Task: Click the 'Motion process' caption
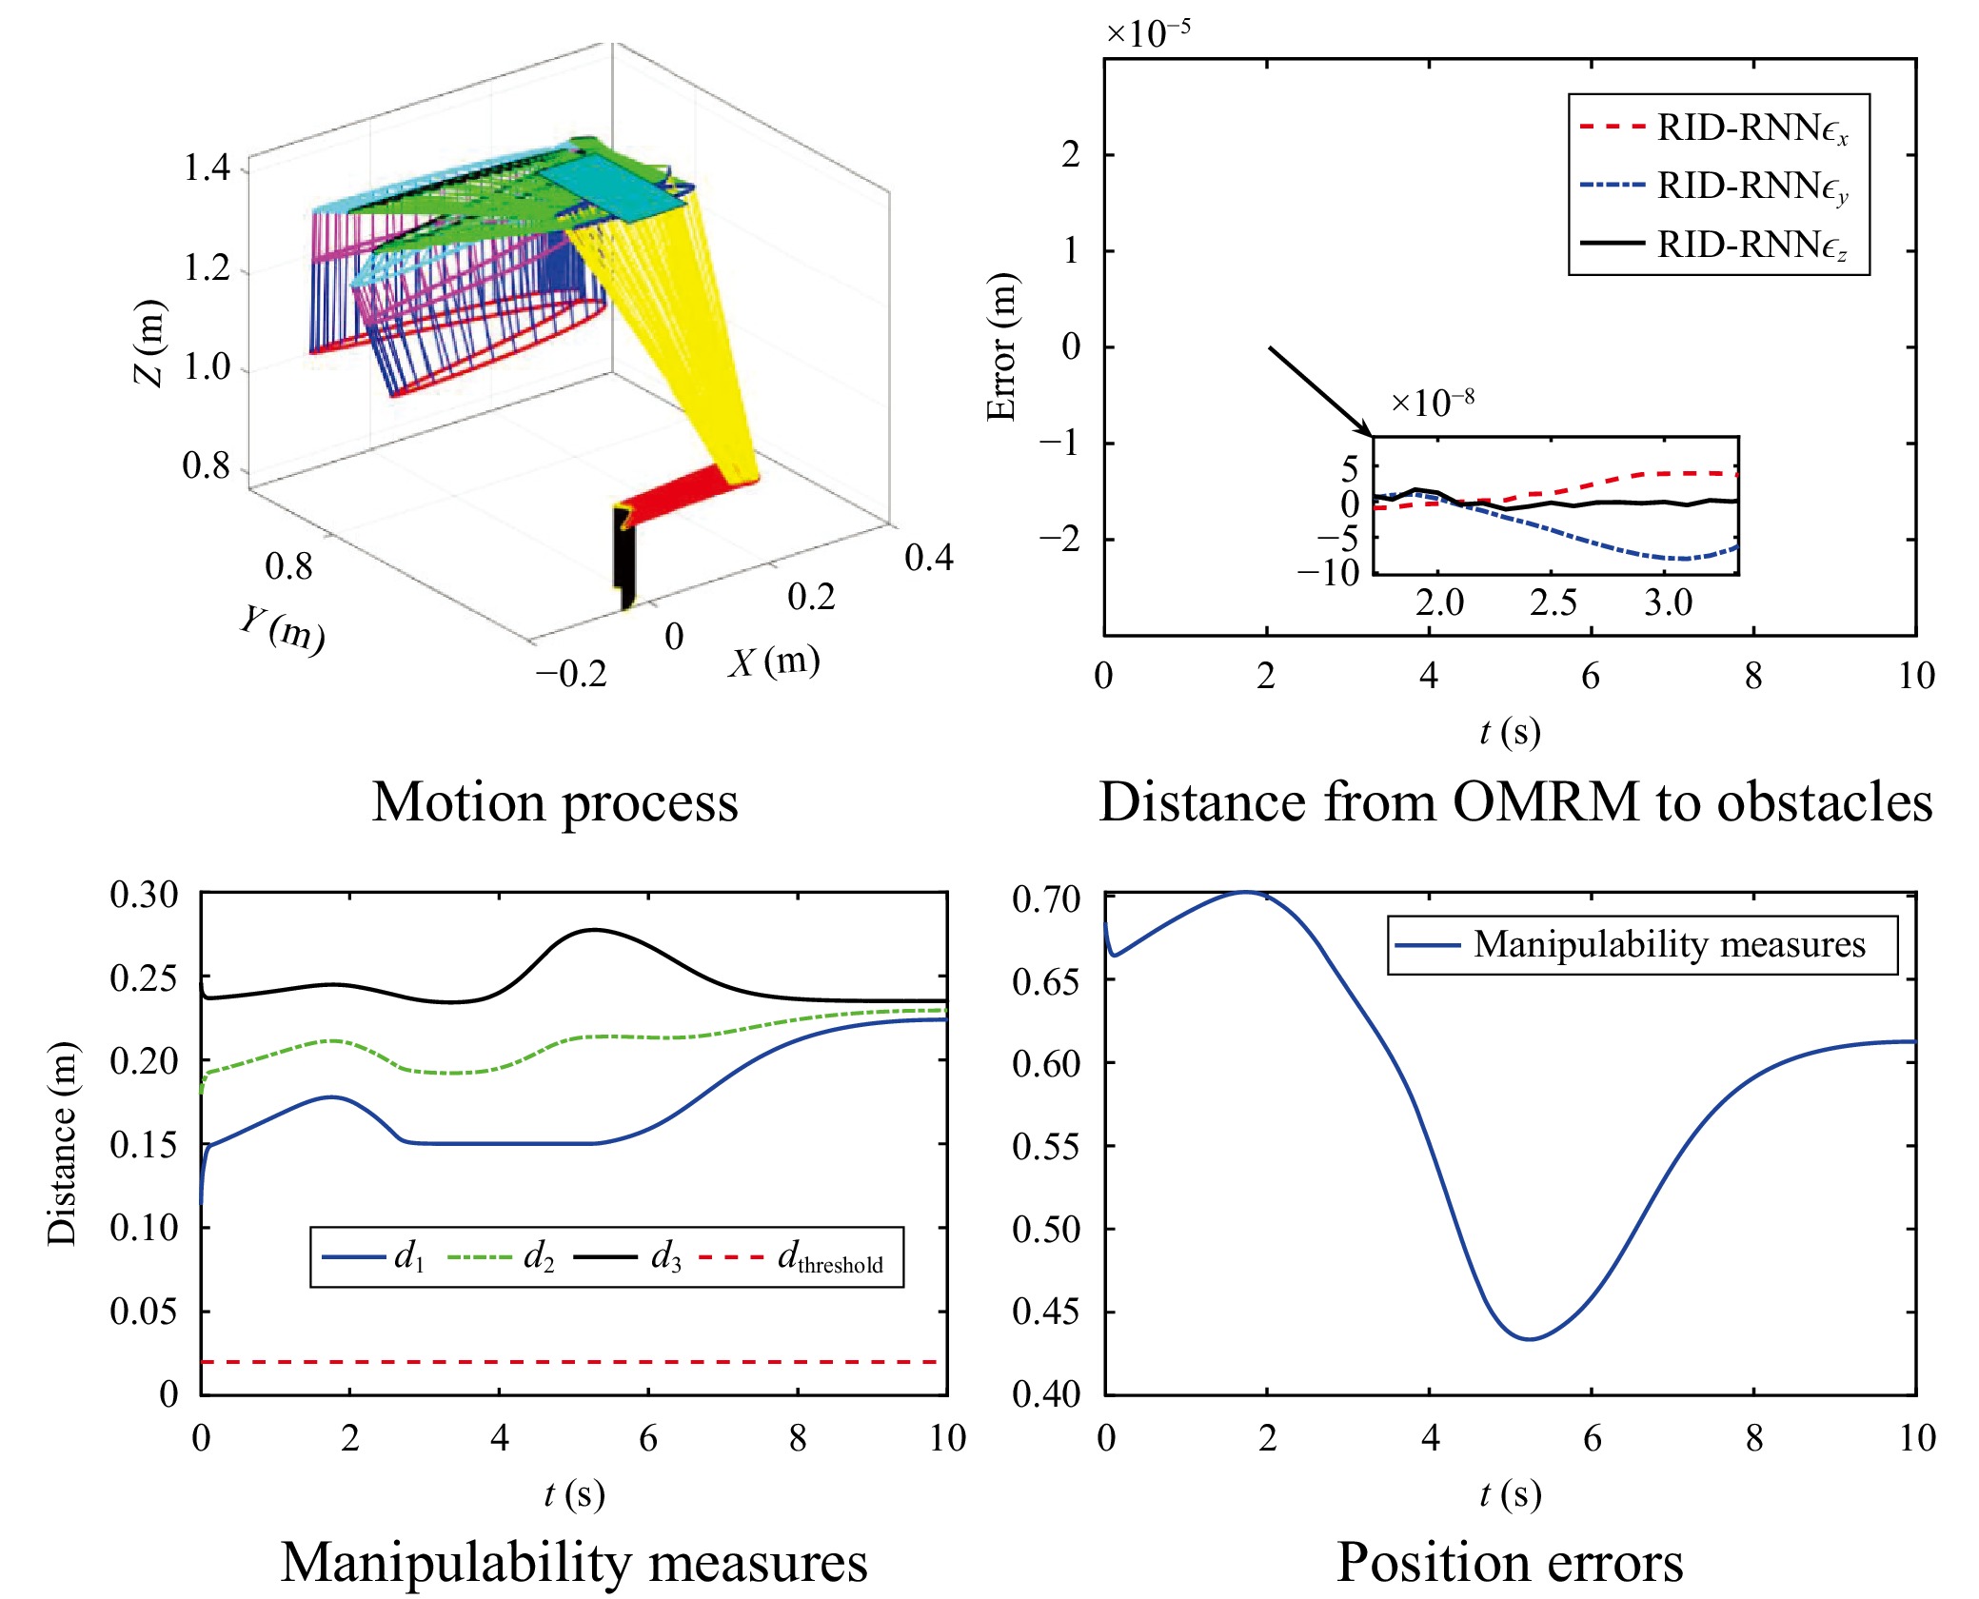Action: (555, 802)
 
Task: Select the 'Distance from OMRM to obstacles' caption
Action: (1515, 802)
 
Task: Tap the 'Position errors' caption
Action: (1510, 1563)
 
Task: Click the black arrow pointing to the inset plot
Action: (1320, 391)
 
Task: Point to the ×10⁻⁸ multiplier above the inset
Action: (1433, 403)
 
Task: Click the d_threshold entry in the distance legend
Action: (792, 1258)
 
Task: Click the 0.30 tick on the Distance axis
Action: (144, 895)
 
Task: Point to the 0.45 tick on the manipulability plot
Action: (1046, 1312)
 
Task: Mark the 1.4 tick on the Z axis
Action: (207, 168)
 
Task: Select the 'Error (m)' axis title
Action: (1001, 346)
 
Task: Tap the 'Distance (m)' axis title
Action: (62, 1143)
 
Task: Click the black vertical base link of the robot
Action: (623, 558)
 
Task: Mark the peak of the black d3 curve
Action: (594, 930)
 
